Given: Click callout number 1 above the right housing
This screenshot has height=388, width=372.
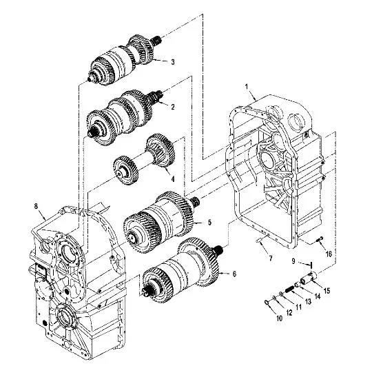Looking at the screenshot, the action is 247,87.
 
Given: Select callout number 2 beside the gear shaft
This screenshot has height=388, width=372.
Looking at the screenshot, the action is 173,107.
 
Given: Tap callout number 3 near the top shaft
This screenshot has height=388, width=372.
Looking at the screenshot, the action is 173,62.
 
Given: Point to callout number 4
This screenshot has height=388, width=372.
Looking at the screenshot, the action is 173,178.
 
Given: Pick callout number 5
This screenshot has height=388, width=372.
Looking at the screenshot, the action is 209,222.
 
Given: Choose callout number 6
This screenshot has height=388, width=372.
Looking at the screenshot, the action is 234,274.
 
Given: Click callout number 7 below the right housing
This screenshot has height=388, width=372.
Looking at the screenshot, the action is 271,258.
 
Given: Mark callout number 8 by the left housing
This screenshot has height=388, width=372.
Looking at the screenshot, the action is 36,206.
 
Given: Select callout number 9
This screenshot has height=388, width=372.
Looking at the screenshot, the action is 293,261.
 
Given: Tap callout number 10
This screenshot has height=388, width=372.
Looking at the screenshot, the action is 279,318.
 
